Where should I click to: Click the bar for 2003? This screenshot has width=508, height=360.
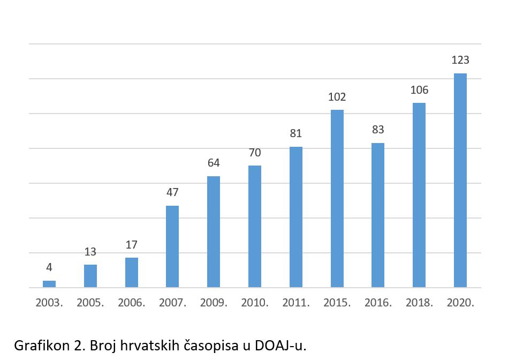[x=49, y=284]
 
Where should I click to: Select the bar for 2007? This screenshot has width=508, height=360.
[x=172, y=246]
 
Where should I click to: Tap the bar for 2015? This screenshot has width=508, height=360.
[x=337, y=198]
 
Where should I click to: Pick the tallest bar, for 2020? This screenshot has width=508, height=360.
[x=460, y=180]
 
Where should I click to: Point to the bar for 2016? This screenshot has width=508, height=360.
[x=378, y=215]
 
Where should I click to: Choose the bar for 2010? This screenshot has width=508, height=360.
[x=255, y=226]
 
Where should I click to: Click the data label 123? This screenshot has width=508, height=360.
[x=460, y=60]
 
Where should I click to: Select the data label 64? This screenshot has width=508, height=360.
[x=214, y=163]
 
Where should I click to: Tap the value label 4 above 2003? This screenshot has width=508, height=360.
[x=49, y=267]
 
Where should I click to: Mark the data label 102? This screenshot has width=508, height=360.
[x=337, y=97]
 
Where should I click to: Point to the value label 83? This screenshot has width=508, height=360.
[x=378, y=130]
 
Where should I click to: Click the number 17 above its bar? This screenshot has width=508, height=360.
[x=132, y=245]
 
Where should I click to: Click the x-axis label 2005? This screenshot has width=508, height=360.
[x=90, y=303]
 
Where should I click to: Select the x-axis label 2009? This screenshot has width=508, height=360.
[x=214, y=303]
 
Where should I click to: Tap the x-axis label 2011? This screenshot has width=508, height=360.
[x=296, y=303]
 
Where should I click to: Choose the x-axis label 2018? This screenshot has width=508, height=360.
[x=419, y=303]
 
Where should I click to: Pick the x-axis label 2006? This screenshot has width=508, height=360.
[x=132, y=303]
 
